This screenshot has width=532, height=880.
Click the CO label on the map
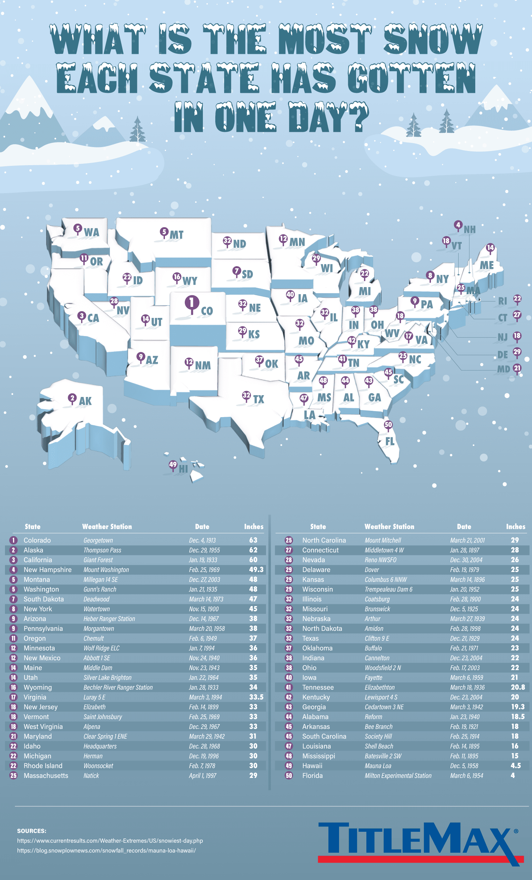[207, 311]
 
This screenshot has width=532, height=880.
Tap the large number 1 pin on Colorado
[192, 303]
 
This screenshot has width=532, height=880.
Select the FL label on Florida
[390, 442]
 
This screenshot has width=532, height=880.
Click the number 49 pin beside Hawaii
[173, 465]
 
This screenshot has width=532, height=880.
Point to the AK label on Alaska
[85, 401]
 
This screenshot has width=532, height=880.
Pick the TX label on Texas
[258, 399]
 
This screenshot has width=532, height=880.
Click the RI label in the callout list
[502, 301]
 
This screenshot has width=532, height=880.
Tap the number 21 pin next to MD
[517, 368]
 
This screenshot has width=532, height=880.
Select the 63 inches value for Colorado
[253, 540]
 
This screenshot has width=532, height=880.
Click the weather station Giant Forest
[98, 560]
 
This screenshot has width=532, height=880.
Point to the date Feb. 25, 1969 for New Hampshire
[204, 570]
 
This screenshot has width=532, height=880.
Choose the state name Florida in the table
[312, 775]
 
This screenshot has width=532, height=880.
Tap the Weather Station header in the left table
[107, 526]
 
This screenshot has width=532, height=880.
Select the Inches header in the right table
[516, 526]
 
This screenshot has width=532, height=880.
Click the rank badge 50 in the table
[289, 775]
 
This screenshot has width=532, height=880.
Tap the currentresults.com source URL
[110, 841]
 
